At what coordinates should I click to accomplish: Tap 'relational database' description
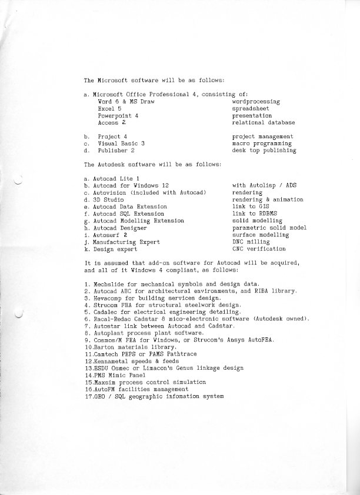pyautogui.click(x=264, y=123)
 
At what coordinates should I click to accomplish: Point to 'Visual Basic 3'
pyautogui.click(x=121, y=143)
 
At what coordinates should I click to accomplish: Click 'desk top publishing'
pyautogui.click(x=264, y=150)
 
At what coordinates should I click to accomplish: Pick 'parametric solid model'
pyautogui.click(x=269, y=228)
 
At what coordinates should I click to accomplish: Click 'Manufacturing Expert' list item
pyautogui.click(x=126, y=242)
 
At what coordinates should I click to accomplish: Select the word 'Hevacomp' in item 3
pyautogui.click(x=109, y=298)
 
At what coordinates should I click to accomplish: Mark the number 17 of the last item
pyautogui.click(x=88, y=397)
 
